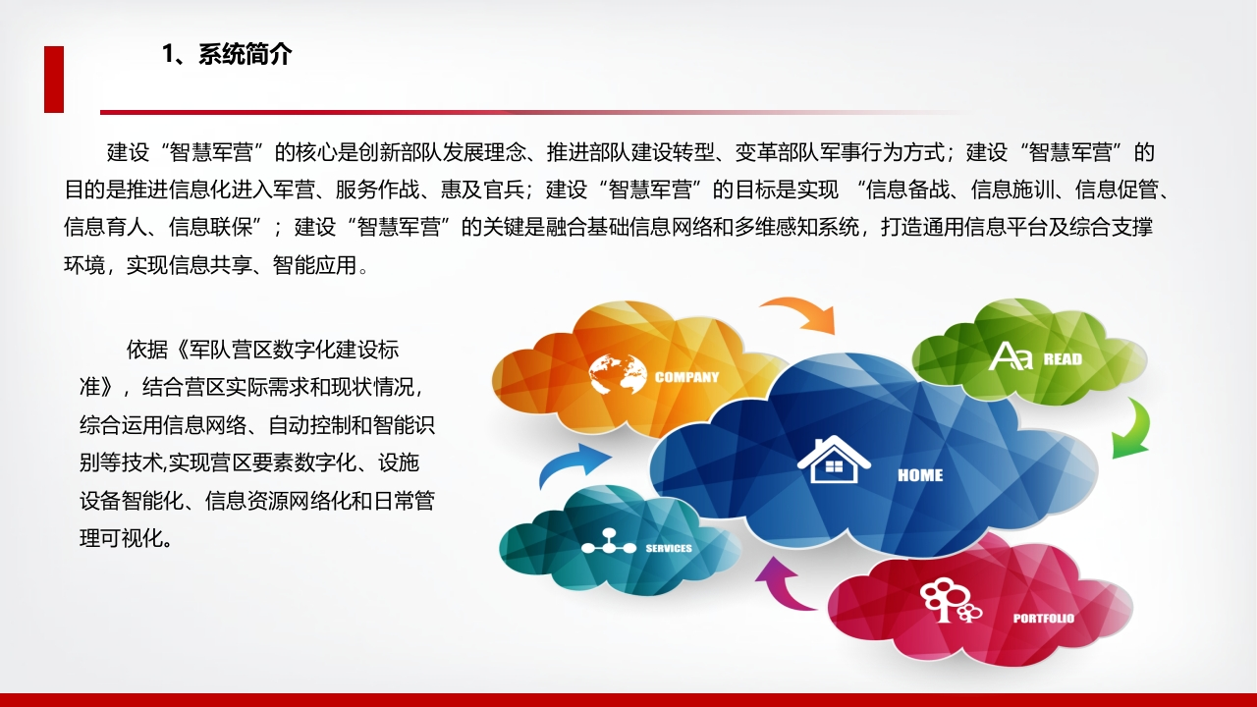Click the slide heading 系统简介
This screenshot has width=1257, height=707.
245,54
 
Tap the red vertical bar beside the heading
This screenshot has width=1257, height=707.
54,80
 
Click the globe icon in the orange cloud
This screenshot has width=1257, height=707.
618,374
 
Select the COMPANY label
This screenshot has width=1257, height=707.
686,377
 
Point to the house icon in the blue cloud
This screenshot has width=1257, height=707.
834,460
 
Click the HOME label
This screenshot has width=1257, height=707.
920,475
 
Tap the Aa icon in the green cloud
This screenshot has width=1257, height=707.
1011,356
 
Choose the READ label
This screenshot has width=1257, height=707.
1063,359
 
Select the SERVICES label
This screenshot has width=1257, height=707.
669,548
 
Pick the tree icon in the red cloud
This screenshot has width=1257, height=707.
950,600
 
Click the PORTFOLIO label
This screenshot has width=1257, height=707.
1044,619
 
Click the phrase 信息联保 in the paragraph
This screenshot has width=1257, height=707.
211,227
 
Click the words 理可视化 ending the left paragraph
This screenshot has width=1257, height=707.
121,538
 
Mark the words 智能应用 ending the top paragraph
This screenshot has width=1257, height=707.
315,265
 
